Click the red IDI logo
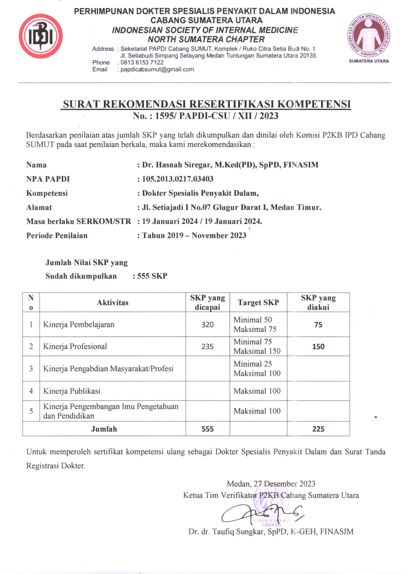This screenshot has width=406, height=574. click(x=41, y=36)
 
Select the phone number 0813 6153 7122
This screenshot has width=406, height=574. click(x=142, y=63)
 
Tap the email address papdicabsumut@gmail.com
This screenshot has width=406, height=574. click(x=157, y=69)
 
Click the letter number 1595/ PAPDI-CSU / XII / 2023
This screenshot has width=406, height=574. click(x=217, y=116)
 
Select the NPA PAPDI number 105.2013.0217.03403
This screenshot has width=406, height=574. click(x=177, y=179)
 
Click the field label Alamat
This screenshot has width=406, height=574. click(x=39, y=207)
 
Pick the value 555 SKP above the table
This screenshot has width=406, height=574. click(x=152, y=276)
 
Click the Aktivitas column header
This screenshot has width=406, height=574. click(x=112, y=302)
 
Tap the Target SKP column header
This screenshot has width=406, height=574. click(x=258, y=302)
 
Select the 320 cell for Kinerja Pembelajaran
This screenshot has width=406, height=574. click(x=207, y=325)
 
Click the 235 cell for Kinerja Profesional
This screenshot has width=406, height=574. click(x=207, y=346)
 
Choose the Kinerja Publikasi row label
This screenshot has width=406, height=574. click(x=72, y=391)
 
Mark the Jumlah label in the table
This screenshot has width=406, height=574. click(x=104, y=429)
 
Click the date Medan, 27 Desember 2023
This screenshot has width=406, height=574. click(x=271, y=483)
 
